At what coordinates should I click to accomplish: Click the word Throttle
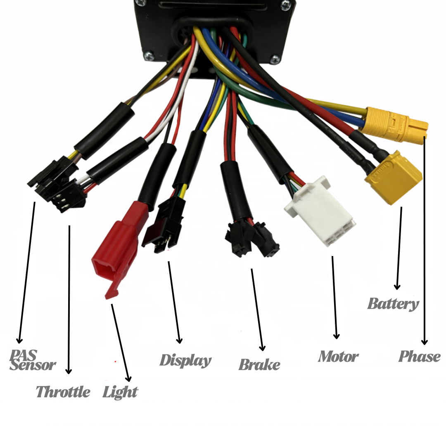coord(63,391)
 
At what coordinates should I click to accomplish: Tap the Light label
coord(120,391)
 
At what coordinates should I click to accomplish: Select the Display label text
coord(185,361)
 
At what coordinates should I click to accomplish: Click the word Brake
coord(259,365)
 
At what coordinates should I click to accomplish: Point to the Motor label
coord(338,356)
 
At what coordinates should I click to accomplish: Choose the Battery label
coord(393,304)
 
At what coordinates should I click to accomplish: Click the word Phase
coord(419,356)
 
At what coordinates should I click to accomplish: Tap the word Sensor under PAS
coord(33,365)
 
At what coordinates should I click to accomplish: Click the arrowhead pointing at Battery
coord(397,286)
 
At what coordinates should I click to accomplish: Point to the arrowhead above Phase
coord(424,342)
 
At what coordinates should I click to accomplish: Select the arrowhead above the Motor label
coord(337,336)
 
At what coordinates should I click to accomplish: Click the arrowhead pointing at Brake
coord(262,348)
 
